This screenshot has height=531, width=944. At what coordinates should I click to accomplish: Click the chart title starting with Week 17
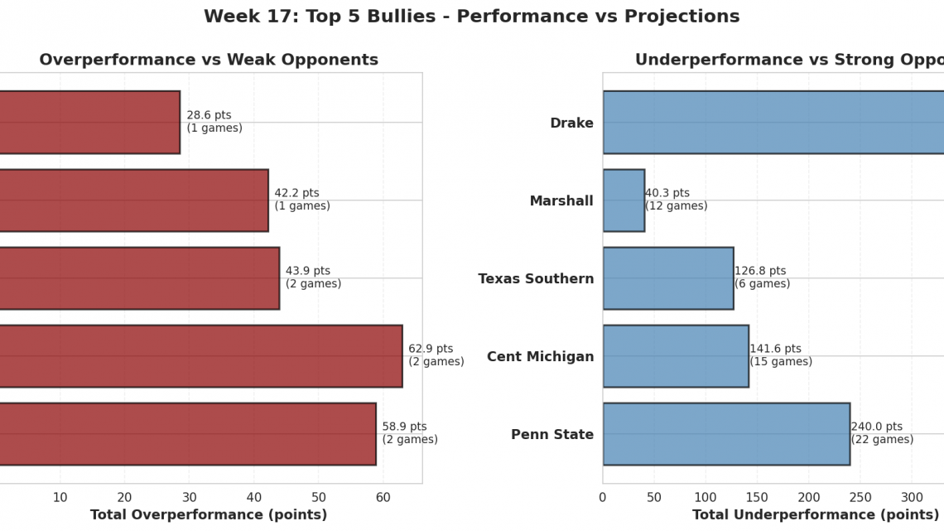[x=471, y=17]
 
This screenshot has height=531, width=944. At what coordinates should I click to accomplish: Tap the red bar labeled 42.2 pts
[x=132, y=200]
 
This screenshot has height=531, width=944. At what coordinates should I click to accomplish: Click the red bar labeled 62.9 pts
[x=199, y=356]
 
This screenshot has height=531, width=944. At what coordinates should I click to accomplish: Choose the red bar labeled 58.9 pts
[x=186, y=434]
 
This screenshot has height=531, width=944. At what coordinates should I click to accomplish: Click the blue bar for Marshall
[x=624, y=200]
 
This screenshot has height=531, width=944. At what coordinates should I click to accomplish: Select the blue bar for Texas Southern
[x=667, y=278]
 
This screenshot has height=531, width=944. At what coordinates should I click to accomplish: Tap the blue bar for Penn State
[x=725, y=434]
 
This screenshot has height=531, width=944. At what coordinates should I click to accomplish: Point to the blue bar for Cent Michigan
[x=675, y=356]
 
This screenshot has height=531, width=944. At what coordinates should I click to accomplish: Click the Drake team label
[x=571, y=123]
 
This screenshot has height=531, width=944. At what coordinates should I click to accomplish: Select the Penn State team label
[x=552, y=435]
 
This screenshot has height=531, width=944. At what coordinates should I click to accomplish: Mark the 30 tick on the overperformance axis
[x=189, y=497]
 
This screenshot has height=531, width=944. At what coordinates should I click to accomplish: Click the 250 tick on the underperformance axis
[x=860, y=497]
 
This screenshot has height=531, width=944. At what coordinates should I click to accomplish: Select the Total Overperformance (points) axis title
[x=209, y=515]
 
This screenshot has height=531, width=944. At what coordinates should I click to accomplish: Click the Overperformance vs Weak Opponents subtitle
[x=209, y=60]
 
